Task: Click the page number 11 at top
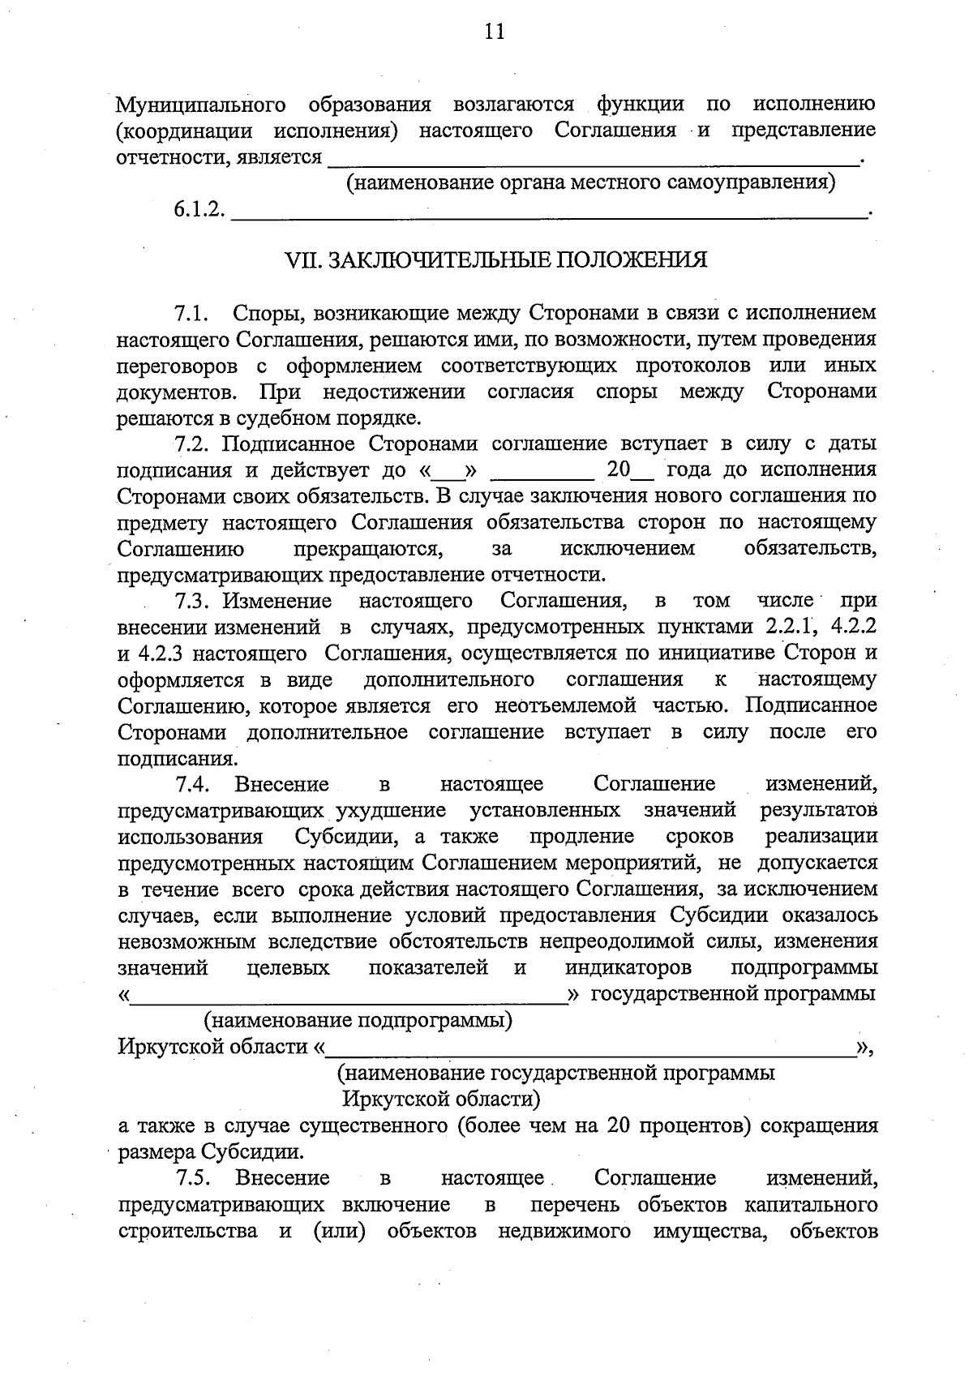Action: tap(494, 32)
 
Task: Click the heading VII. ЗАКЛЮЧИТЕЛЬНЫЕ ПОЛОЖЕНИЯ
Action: tap(496, 260)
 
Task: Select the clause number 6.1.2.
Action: tap(198, 209)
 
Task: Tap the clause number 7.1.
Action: tap(192, 313)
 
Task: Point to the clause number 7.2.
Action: tap(192, 444)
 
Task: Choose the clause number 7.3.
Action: tap(192, 601)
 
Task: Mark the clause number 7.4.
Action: tap(192, 784)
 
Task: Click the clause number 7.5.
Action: tap(192, 1177)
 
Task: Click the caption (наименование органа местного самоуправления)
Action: tap(591, 182)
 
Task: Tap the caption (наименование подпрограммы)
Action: tap(358, 1019)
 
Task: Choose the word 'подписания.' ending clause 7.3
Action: tap(178, 759)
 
